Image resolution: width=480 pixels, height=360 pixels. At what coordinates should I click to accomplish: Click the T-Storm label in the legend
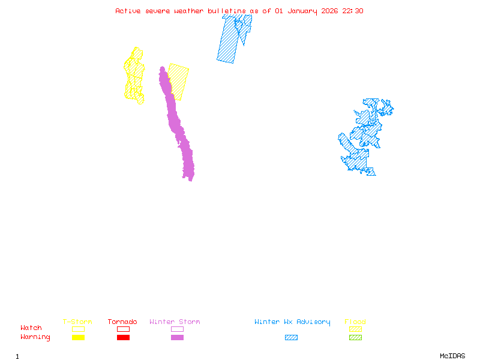(77, 322)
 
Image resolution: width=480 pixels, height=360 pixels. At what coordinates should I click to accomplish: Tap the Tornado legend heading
(122, 322)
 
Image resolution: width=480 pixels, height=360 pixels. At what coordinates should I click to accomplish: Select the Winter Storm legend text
(175, 322)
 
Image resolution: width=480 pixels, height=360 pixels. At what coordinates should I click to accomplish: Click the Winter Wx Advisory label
(292, 322)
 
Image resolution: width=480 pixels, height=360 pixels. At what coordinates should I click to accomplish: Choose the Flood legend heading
(355, 322)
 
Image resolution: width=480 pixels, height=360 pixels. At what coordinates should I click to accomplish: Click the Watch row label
(31, 328)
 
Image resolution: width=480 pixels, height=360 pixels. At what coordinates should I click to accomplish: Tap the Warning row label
(35, 337)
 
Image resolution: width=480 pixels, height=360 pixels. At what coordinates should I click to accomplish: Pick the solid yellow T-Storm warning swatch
(78, 337)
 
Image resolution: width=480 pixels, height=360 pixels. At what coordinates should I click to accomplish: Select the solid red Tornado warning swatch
(123, 337)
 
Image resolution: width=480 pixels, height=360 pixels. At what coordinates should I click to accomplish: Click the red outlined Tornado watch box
(123, 329)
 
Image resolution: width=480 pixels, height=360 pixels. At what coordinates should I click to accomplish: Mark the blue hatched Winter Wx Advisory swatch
(291, 337)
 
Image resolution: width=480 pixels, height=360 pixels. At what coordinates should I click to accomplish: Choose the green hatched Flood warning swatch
(355, 337)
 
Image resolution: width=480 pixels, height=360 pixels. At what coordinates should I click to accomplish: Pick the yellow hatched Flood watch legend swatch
(355, 329)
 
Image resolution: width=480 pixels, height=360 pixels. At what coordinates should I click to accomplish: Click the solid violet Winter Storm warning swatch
(177, 337)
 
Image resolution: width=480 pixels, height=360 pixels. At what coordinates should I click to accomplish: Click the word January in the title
(298, 11)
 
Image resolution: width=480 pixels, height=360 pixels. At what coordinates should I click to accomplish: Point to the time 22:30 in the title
(353, 11)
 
